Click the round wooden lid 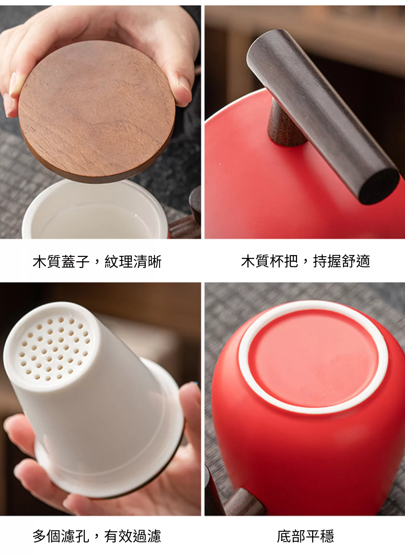[x=97, y=111]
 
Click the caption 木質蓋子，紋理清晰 [x=97, y=262]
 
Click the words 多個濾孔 [x=61, y=536]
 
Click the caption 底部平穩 [x=305, y=536]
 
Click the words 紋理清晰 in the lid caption [x=133, y=262]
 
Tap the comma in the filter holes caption [x=97, y=538]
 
